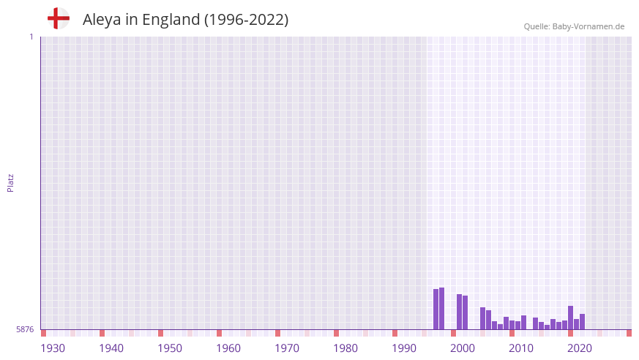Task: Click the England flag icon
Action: click(x=59, y=18)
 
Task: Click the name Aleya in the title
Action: click(x=102, y=20)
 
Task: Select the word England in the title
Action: click(x=171, y=20)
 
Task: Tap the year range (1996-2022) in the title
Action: click(x=246, y=20)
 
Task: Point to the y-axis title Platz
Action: click(x=10, y=183)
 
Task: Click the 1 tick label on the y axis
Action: click(x=31, y=37)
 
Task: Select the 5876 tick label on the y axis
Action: click(x=25, y=330)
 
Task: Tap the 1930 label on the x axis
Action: click(x=53, y=348)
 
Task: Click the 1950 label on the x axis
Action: click(x=170, y=348)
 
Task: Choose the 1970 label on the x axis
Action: click(x=287, y=348)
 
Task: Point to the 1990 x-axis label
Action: click(x=404, y=348)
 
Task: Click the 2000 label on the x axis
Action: click(x=463, y=348)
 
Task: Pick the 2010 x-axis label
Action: click(x=521, y=348)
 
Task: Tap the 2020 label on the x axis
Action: click(x=580, y=348)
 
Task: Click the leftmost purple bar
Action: click(x=436, y=310)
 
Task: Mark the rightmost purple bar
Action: click(x=583, y=322)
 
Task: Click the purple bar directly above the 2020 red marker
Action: click(x=571, y=316)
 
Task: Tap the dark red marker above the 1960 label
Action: click(x=219, y=333)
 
